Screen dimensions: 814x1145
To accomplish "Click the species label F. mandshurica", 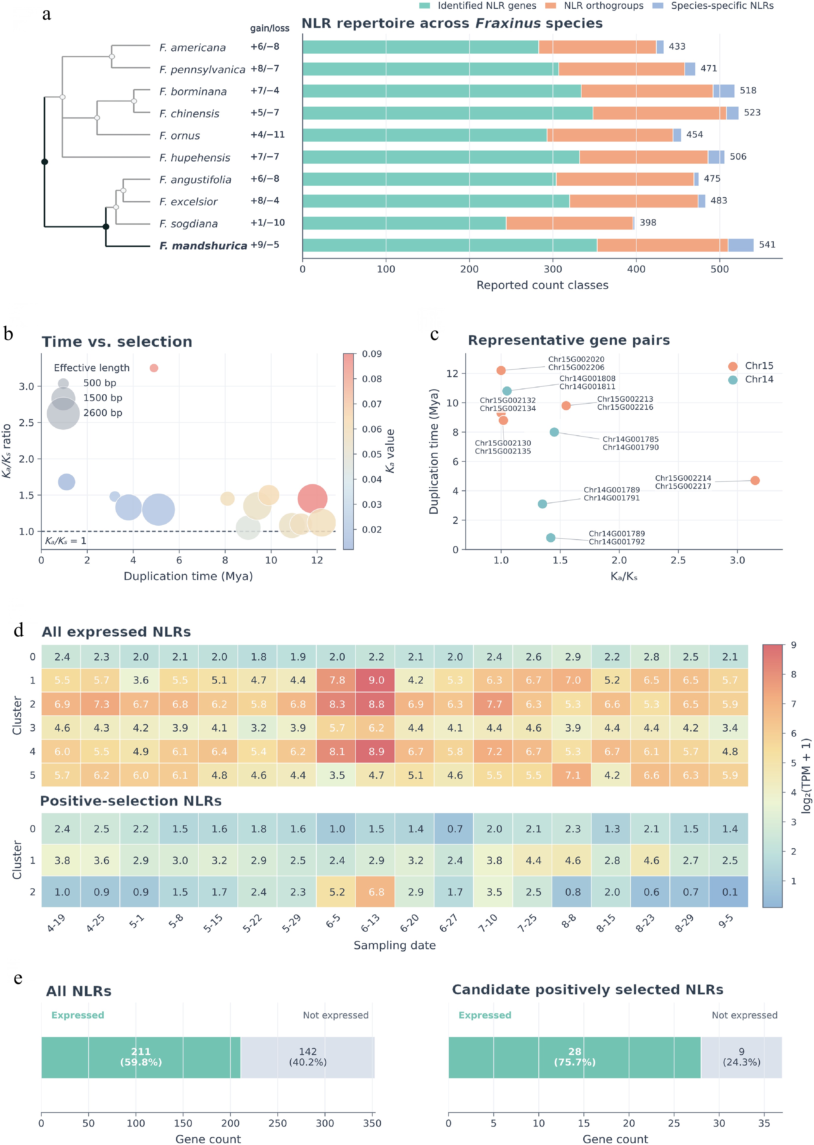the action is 203,246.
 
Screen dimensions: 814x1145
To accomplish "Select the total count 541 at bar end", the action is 767,245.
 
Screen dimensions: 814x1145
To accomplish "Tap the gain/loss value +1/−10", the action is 268,223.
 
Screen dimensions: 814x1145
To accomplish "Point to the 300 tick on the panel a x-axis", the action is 553,269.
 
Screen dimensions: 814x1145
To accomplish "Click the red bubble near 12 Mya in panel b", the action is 312,499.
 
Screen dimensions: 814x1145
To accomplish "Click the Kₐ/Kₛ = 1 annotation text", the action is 66,541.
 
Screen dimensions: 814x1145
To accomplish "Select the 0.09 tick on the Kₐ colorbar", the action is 371,354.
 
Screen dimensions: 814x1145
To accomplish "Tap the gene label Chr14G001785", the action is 631,439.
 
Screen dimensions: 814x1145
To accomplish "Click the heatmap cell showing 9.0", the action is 376,680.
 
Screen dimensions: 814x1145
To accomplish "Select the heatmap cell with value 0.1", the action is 729,892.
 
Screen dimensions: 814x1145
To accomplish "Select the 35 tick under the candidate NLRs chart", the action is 764,1123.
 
